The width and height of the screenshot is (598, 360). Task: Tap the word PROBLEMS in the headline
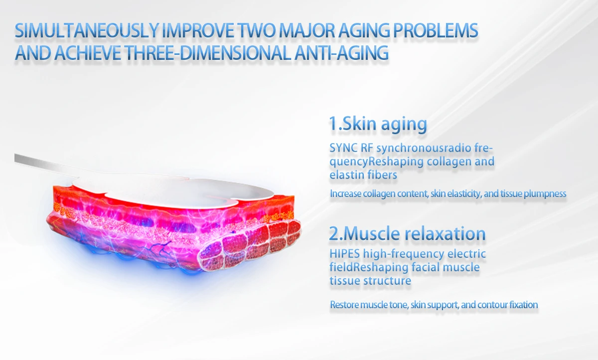click(x=436, y=30)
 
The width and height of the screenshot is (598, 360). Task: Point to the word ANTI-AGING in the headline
click(x=341, y=53)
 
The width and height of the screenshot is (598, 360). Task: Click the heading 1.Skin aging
click(x=378, y=123)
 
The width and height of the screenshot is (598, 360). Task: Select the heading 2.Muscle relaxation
click(x=407, y=233)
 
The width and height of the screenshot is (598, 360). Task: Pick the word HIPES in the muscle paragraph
click(x=345, y=253)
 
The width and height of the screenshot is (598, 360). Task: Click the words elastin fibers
click(x=363, y=175)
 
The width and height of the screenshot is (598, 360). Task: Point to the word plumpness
click(x=545, y=194)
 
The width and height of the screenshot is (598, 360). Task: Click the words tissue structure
click(x=370, y=281)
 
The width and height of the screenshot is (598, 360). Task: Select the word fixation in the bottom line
click(x=524, y=305)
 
